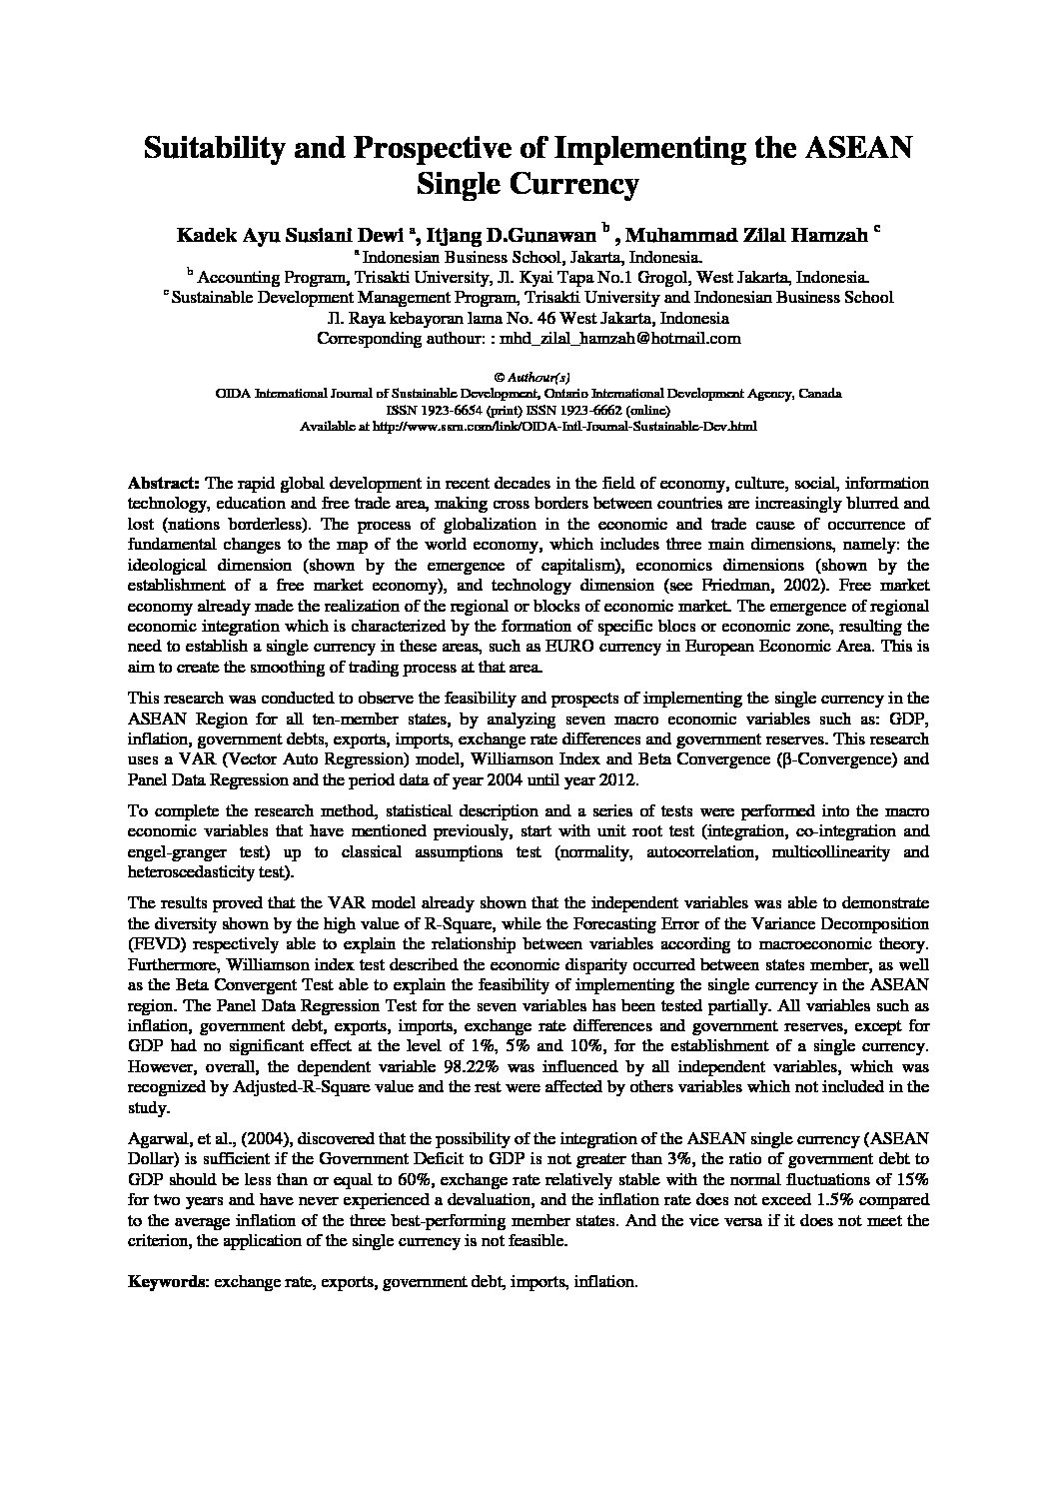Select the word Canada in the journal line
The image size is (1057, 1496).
pyautogui.click(x=818, y=394)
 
